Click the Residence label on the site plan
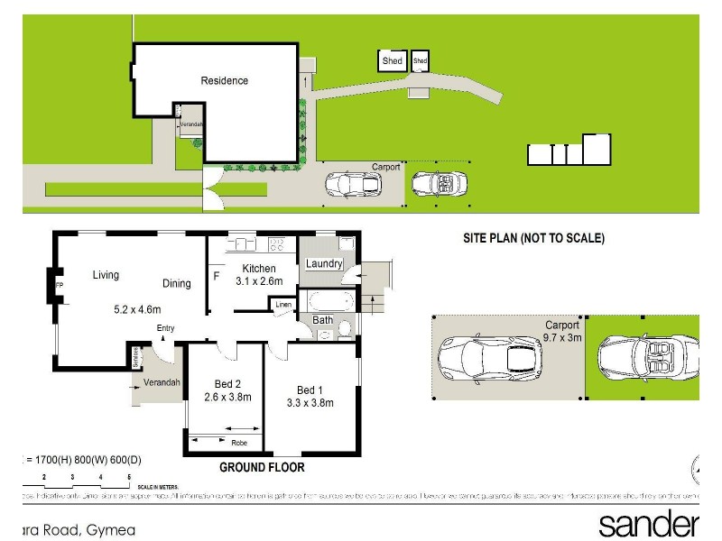pyautogui.click(x=224, y=80)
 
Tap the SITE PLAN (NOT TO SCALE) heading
pyautogui.click(x=532, y=239)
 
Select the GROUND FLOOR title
pyautogui.click(x=263, y=467)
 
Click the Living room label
pyautogui.click(x=106, y=275)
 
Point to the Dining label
pyautogui.click(x=177, y=283)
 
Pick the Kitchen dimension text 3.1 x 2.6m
pyautogui.click(x=259, y=281)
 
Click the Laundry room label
pyautogui.click(x=323, y=263)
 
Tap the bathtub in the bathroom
pyautogui.click(x=333, y=300)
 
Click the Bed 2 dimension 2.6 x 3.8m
pyautogui.click(x=227, y=397)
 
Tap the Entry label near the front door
pyautogui.click(x=165, y=328)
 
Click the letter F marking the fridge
pyautogui.click(x=217, y=275)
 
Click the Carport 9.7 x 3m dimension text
pyautogui.click(x=563, y=338)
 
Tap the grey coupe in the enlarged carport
pyautogui.click(x=489, y=357)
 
